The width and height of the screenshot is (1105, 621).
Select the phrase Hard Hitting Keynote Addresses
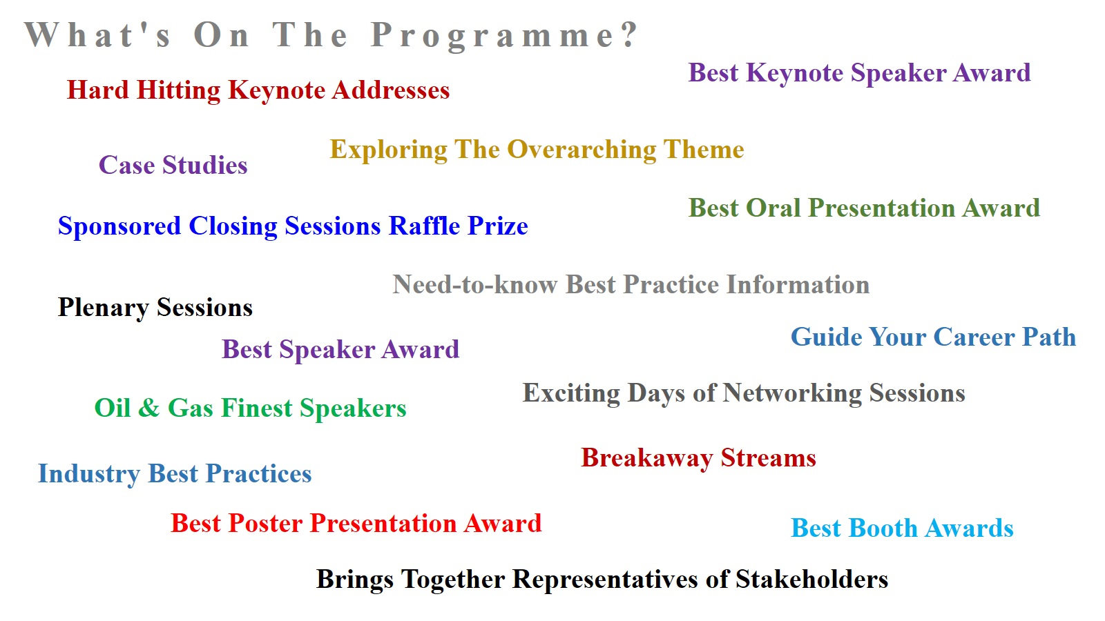[258, 90]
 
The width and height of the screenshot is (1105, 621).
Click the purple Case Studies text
[173, 165]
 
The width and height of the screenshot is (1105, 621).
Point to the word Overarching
[581, 150]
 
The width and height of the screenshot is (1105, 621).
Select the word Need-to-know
[474, 284]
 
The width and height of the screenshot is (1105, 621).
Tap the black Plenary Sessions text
[155, 308]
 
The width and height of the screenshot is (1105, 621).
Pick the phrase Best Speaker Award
[340, 350]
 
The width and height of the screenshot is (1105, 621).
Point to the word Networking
[791, 394]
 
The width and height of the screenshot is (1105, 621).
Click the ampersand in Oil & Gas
[149, 408]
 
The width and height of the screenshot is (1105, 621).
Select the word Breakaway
[646, 458]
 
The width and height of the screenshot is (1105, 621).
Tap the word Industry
[89, 474]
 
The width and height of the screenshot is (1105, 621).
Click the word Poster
[265, 523]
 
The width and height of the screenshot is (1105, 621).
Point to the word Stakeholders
[811, 579]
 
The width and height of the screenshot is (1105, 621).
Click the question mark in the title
[629, 34]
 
